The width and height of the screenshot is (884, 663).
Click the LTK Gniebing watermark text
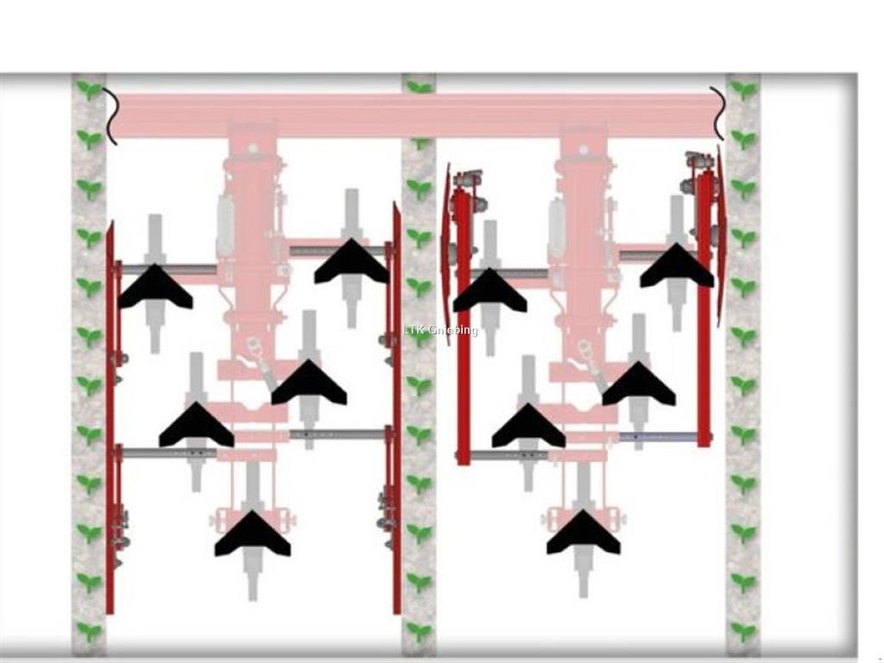pyautogui.click(x=440, y=330)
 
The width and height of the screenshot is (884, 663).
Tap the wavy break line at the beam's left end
pyautogui.click(x=110, y=117)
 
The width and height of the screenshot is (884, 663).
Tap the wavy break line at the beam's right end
pyautogui.click(x=717, y=113)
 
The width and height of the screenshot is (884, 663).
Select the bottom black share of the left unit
pyautogui.click(x=253, y=534)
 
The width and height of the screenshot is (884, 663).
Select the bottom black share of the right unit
pyautogui.click(x=584, y=532)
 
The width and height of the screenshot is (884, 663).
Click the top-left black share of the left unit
pyautogui.click(x=155, y=287)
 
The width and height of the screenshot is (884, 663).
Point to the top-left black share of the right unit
pyautogui.click(x=489, y=290)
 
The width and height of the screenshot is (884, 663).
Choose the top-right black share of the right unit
pyautogui.click(x=677, y=266)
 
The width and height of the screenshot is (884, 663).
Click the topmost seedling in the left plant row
pyautogui.click(x=89, y=90)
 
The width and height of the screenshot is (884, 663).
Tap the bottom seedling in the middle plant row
pyautogui.click(x=419, y=631)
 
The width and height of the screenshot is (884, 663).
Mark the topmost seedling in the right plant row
pyautogui.click(x=743, y=90)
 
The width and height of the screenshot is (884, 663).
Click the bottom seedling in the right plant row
pyautogui.click(x=743, y=631)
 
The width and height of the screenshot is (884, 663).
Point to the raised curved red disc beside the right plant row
pyautogui.click(x=721, y=237)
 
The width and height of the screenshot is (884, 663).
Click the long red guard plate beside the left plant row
pyautogui.click(x=110, y=417)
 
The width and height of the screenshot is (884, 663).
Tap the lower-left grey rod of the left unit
pyautogui.click(x=168, y=452)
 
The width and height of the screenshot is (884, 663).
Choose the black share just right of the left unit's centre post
pyautogui.click(x=309, y=382)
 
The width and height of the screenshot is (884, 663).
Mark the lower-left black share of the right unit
pyautogui.click(x=528, y=426)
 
